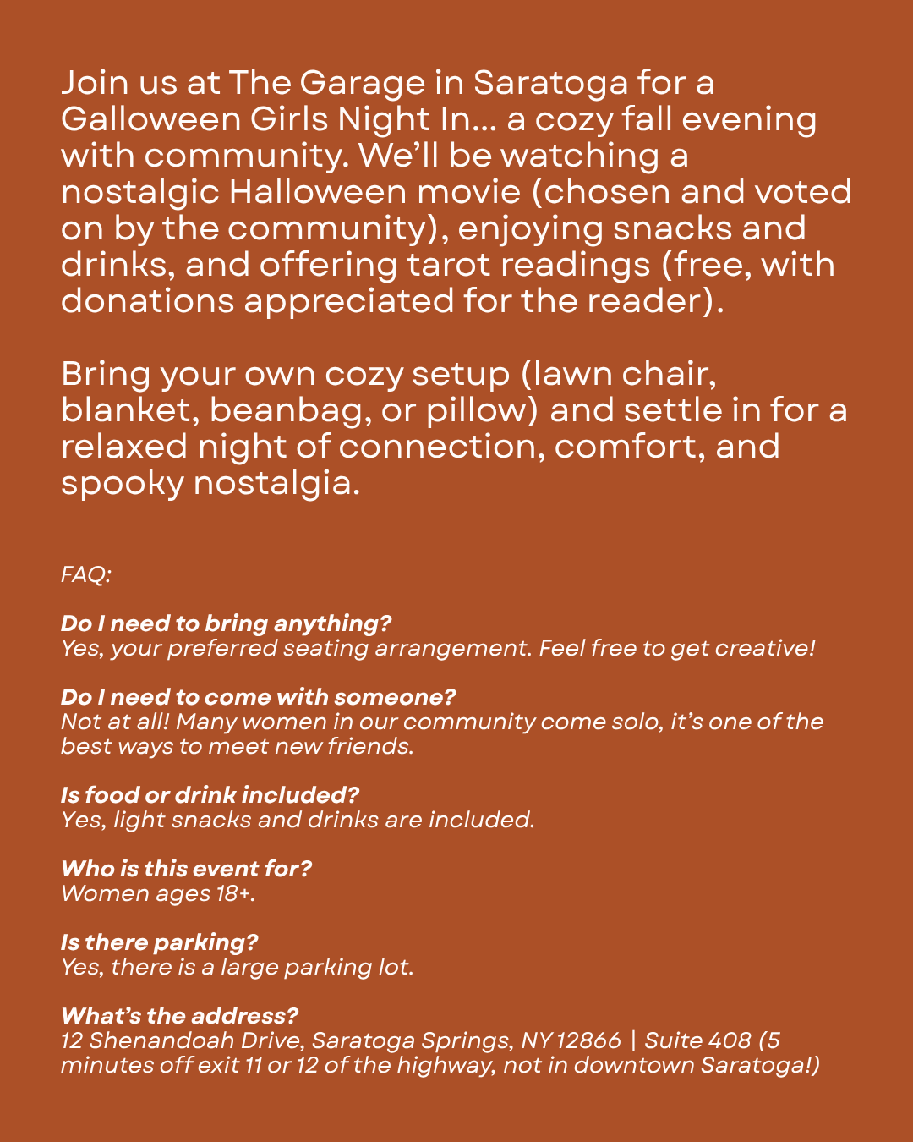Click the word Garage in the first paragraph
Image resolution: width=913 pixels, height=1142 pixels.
[x=362, y=84]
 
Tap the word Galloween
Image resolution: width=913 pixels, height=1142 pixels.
[x=150, y=119]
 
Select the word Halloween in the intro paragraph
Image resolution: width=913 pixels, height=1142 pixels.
[x=317, y=192]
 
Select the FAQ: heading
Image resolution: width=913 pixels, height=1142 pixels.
[x=86, y=575]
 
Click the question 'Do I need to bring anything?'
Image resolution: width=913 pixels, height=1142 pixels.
[x=227, y=623]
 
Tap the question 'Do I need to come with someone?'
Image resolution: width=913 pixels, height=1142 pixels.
[x=258, y=697]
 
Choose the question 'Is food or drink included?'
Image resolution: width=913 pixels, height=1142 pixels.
[x=210, y=795]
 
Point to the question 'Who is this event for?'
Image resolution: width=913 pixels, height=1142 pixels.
[x=186, y=869]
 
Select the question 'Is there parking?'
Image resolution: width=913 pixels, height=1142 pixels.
[x=159, y=942]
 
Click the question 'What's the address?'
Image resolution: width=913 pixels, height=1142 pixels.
[x=179, y=1016]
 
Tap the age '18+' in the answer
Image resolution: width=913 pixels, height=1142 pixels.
[x=234, y=893]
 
